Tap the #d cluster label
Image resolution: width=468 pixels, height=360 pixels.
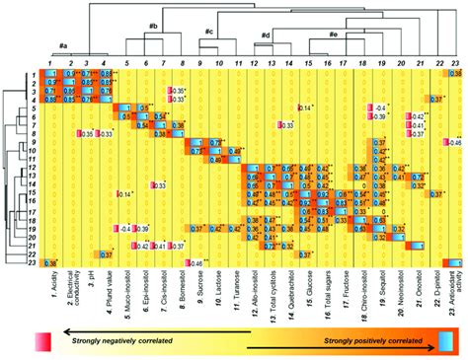point(266,36)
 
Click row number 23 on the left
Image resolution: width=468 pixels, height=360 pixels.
point(32,262)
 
